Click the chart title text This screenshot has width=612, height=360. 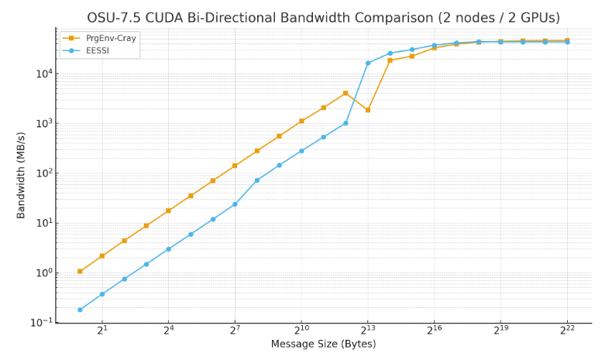click(x=323, y=17)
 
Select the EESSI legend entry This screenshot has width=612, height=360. click(x=97, y=50)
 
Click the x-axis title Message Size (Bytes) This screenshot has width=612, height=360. click(x=323, y=345)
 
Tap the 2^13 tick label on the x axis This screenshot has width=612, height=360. click(x=367, y=331)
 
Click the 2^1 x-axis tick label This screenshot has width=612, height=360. click(x=101, y=331)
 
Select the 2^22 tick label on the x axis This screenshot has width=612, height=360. click(x=567, y=331)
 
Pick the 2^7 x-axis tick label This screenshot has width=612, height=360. click(x=235, y=331)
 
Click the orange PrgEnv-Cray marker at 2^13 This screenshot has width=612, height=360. click(x=368, y=110)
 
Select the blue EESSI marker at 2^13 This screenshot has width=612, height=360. click(x=368, y=63)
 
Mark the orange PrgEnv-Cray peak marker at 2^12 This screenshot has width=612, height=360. click(x=346, y=93)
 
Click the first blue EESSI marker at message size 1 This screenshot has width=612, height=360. click(x=80, y=310)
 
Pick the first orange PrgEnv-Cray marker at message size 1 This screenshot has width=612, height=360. click(x=80, y=271)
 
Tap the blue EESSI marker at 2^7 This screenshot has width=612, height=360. click(x=235, y=204)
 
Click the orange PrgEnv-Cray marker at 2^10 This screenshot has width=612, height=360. click(x=301, y=121)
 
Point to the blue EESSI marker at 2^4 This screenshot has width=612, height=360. click(x=168, y=249)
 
